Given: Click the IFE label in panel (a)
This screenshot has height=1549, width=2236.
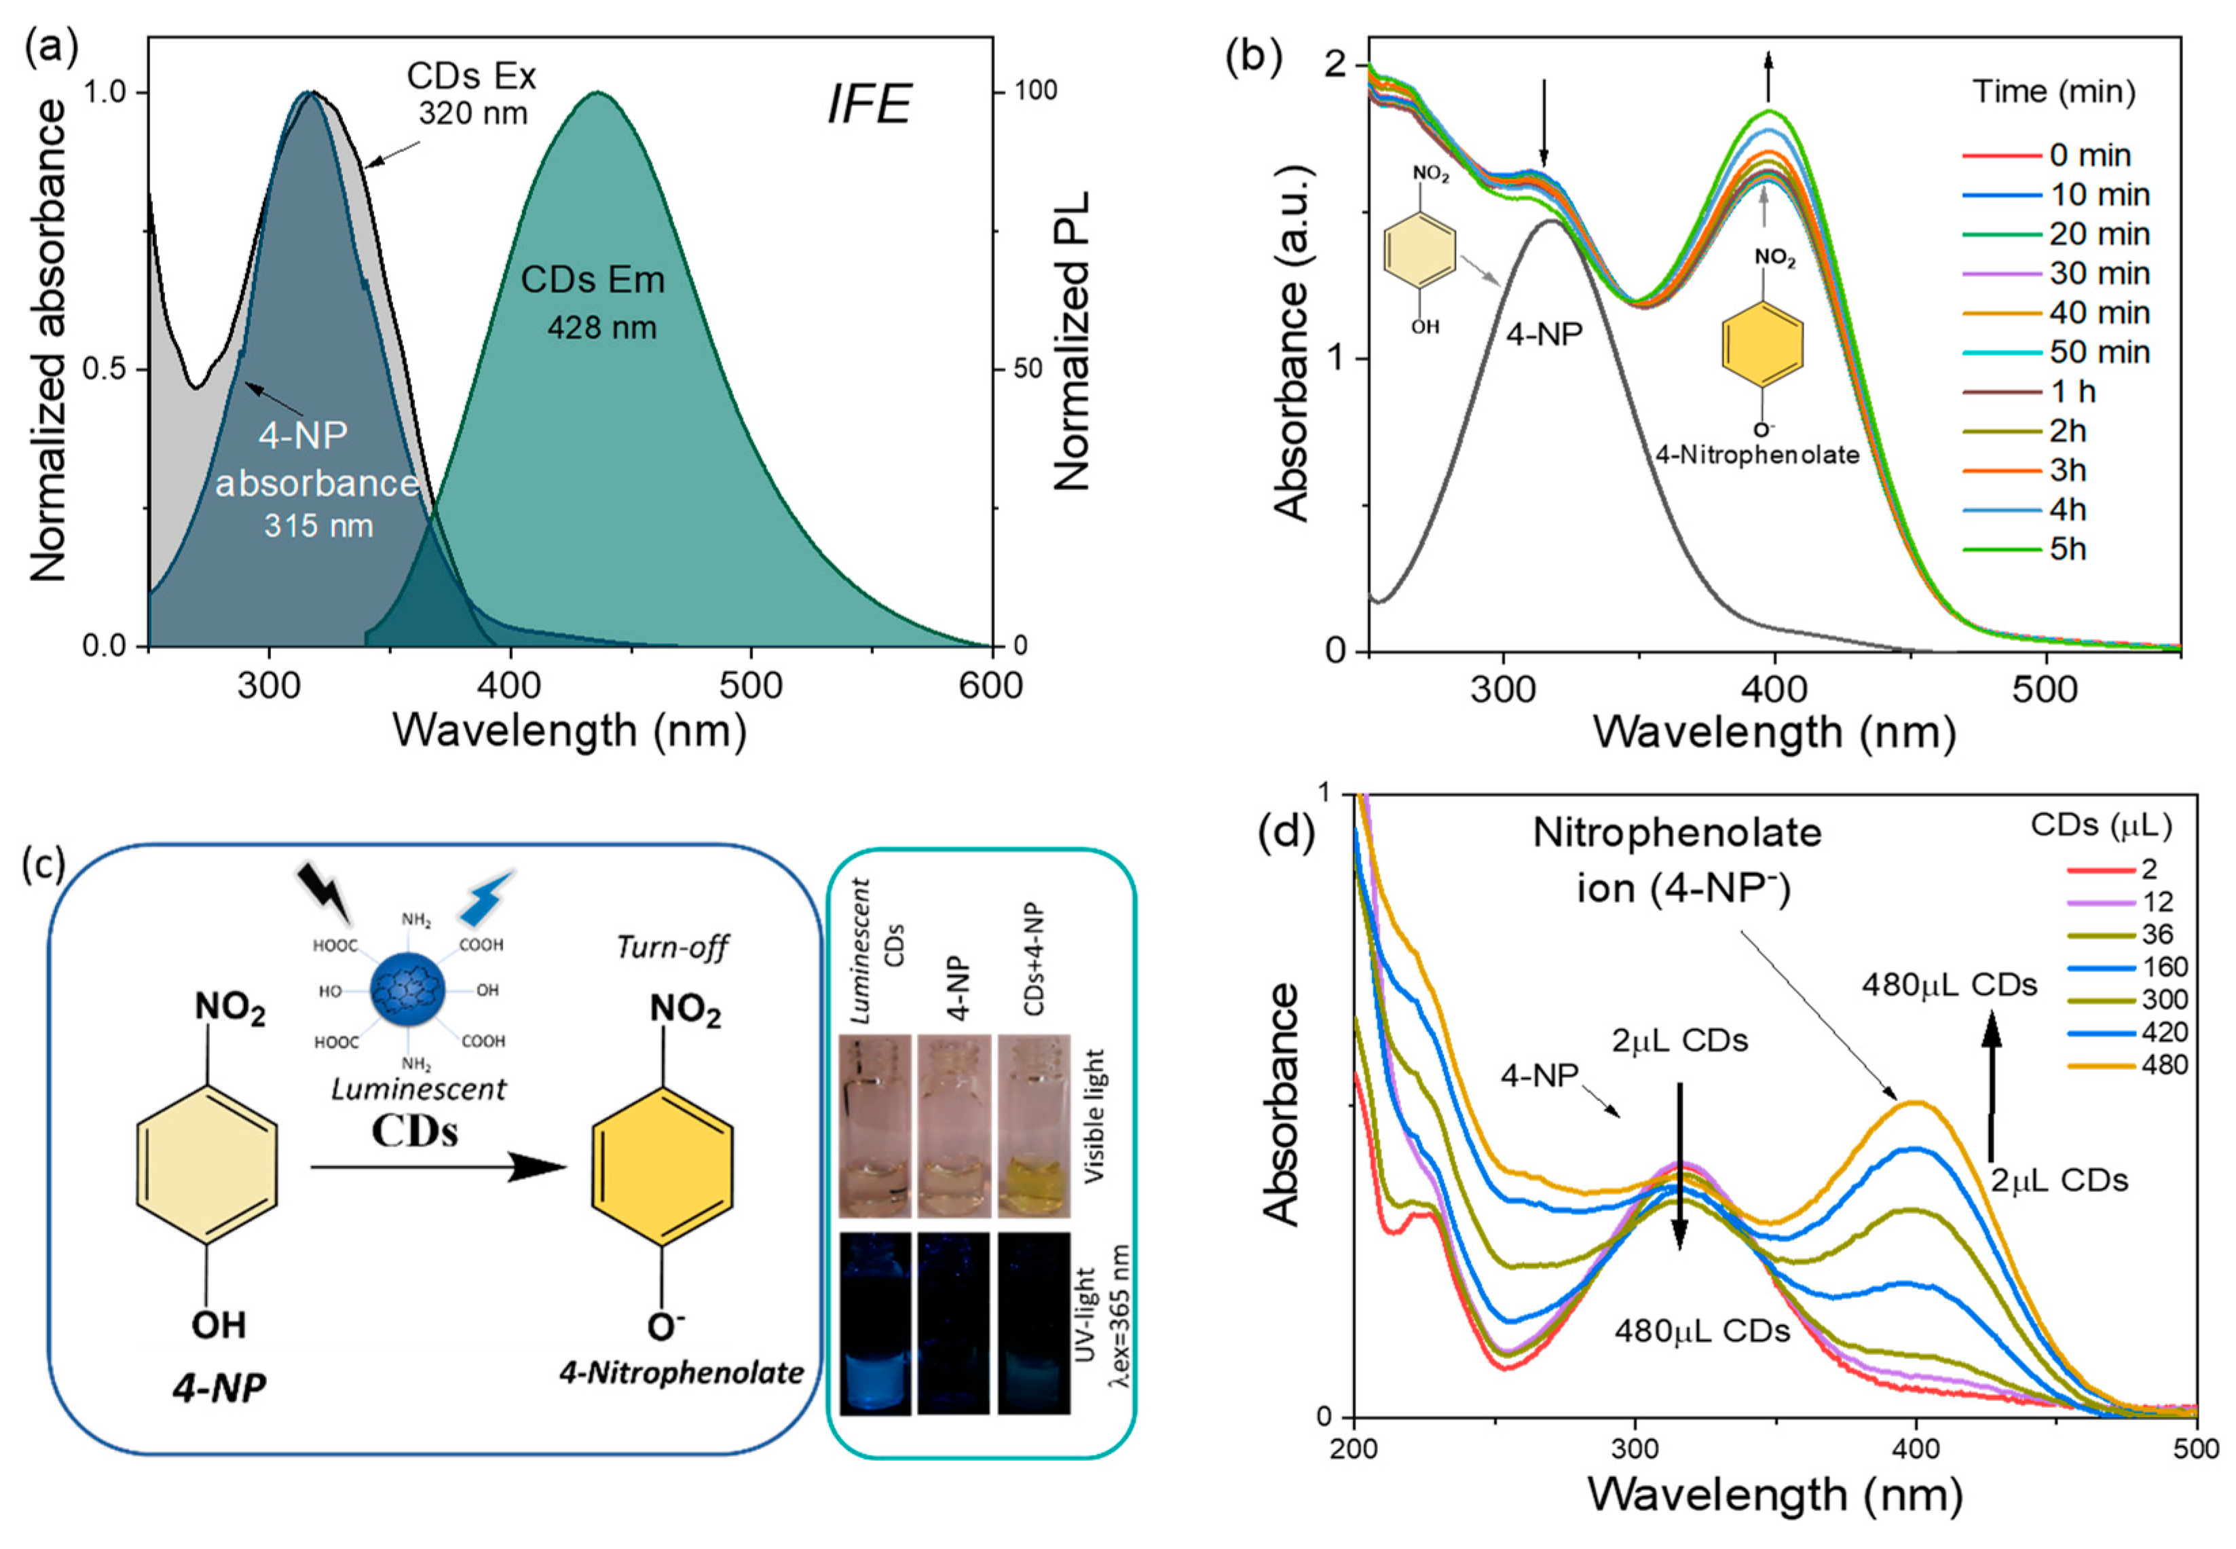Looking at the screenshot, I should click(x=869, y=104).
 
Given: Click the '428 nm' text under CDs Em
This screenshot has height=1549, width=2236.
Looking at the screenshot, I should click(x=601, y=328).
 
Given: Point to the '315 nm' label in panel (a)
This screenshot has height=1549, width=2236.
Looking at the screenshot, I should click(x=318, y=526).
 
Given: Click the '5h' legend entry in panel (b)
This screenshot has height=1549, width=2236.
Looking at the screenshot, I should click(x=2067, y=549).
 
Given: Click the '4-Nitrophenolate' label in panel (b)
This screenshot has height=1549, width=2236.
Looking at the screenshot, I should click(x=1757, y=454).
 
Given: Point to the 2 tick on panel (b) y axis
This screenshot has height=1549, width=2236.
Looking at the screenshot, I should click(x=1337, y=64).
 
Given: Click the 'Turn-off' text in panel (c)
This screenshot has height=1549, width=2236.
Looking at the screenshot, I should click(x=671, y=948).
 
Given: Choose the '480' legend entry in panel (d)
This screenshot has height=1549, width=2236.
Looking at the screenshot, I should click(x=2163, y=1065).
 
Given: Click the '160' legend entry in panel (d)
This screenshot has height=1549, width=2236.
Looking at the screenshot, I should click(x=2163, y=967).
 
